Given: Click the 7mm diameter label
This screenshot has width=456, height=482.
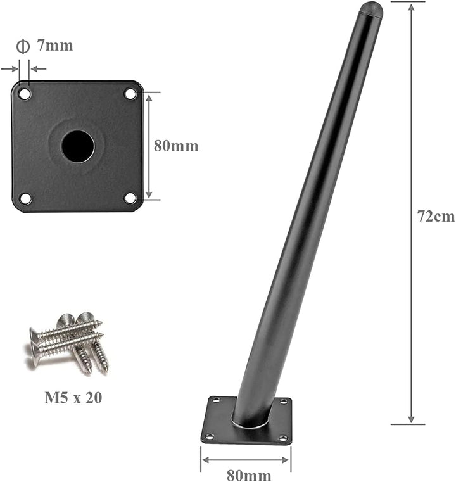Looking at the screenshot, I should point(54,46).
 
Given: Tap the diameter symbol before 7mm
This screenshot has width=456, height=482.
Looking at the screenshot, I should point(23,46).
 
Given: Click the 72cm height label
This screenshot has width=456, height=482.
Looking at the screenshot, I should point(436,216).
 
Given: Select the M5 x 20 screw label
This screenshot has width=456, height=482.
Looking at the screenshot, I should point(73,398).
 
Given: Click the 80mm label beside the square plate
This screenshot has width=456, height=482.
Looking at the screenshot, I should point(176,146).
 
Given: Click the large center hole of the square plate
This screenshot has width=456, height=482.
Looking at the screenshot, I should point(77,146).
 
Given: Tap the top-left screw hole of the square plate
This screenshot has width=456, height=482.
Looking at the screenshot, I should point(25,94).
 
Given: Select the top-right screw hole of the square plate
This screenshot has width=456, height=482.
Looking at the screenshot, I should point(130,94).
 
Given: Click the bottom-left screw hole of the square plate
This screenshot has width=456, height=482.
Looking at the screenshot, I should point(25,198).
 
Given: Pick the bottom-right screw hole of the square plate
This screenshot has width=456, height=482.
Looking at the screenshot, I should point(130,198).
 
